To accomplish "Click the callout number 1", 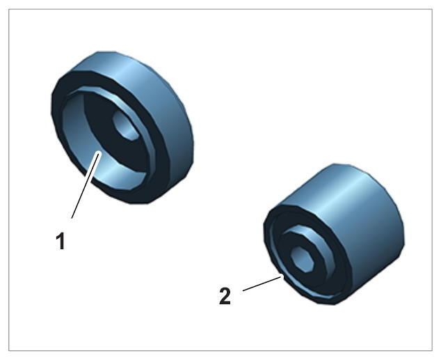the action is pyautogui.click(x=61, y=241).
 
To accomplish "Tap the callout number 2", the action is pyautogui.click(x=225, y=296).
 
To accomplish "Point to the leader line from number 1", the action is pyautogui.click(x=86, y=185).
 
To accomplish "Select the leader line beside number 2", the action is pyautogui.click(x=262, y=283).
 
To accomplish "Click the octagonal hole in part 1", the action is pyautogui.click(x=125, y=125).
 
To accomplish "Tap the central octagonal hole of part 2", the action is pyautogui.click(x=302, y=260).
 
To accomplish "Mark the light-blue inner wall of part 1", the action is pyautogui.click(x=84, y=146).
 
